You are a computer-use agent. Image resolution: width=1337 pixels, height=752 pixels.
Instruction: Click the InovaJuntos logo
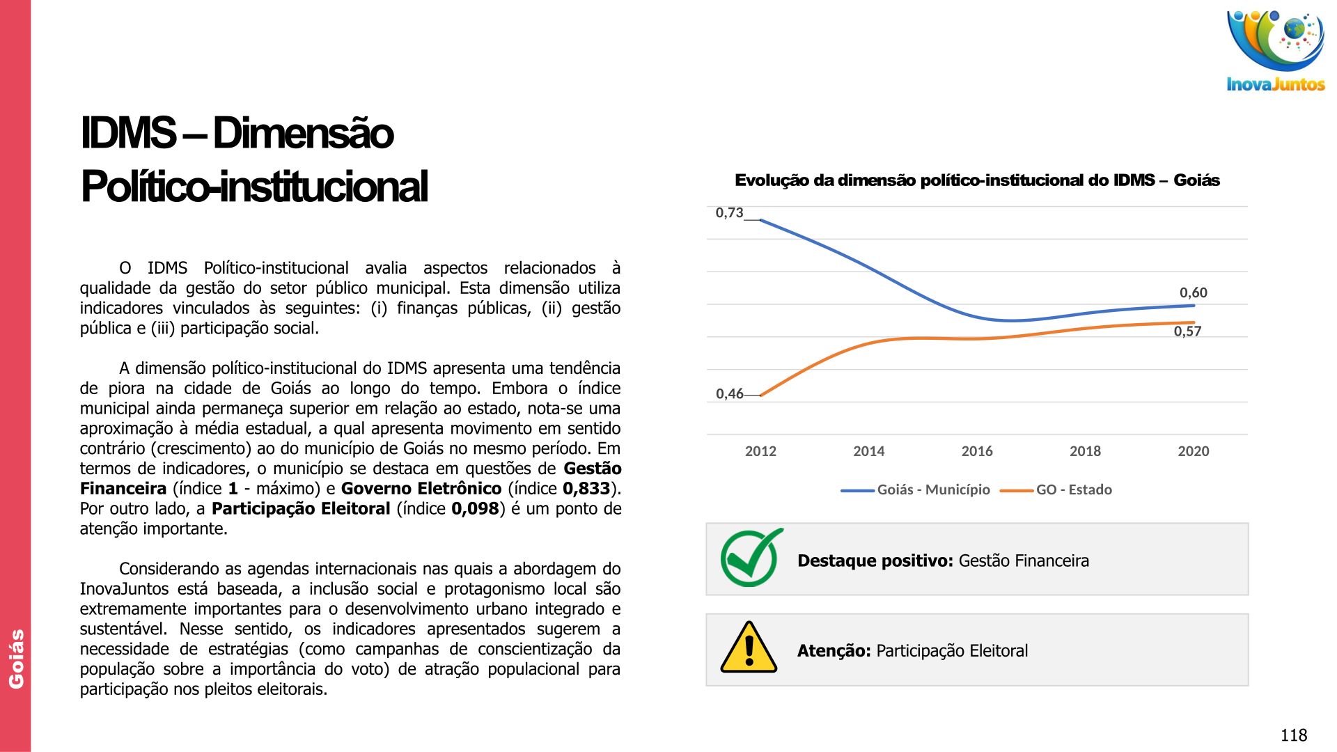click(1275, 51)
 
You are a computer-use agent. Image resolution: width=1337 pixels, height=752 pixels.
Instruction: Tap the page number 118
click(1293, 735)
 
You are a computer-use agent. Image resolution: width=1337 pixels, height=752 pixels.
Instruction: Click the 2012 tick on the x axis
click(760, 451)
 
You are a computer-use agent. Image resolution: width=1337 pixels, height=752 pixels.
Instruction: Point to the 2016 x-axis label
click(976, 451)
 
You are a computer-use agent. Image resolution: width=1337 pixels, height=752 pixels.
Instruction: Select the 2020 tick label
click(1193, 451)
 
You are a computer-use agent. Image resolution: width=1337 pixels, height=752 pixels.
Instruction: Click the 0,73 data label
click(729, 213)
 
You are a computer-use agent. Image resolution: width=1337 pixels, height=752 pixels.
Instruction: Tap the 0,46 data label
click(729, 394)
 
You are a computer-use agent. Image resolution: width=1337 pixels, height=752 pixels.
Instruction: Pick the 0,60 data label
click(1193, 293)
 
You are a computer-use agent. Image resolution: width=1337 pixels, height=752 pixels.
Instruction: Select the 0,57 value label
click(1187, 331)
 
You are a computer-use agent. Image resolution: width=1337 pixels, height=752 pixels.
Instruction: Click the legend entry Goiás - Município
click(933, 489)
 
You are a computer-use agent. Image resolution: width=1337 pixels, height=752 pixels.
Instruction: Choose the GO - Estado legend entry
click(1073, 489)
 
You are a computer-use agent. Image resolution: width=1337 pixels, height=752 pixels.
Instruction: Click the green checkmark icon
click(751, 558)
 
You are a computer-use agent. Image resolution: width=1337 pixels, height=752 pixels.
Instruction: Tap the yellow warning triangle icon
click(749, 648)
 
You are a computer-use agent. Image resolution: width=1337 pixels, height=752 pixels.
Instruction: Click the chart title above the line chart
click(977, 180)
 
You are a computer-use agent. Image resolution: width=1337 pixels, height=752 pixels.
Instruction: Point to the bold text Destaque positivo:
click(875, 561)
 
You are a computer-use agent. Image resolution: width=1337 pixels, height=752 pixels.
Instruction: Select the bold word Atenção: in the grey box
click(834, 650)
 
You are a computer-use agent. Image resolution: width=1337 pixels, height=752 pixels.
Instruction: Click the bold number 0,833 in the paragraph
click(586, 488)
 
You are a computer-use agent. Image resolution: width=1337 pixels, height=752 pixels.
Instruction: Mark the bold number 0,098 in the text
click(475, 508)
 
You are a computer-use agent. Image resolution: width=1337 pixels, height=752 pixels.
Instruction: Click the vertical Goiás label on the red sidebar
click(16, 659)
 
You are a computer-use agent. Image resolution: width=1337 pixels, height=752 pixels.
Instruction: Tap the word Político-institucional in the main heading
click(254, 187)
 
